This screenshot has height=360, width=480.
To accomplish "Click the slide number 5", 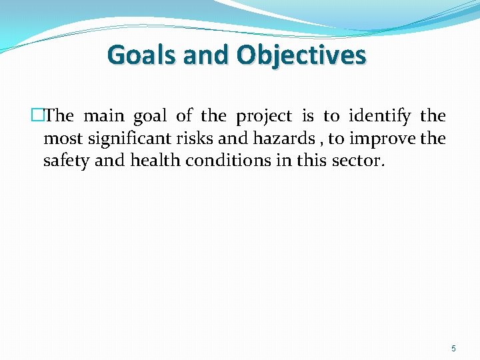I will (454, 348).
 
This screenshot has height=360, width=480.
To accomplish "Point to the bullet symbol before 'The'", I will (37, 116).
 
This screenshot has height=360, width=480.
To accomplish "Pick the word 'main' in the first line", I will (103, 116).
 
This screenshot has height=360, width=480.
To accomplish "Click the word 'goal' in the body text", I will (150, 117).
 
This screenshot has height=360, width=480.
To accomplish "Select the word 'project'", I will (264, 117).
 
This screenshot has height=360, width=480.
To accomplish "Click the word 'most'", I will (59, 139).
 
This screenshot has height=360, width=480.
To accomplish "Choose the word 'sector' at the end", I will (357, 161).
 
